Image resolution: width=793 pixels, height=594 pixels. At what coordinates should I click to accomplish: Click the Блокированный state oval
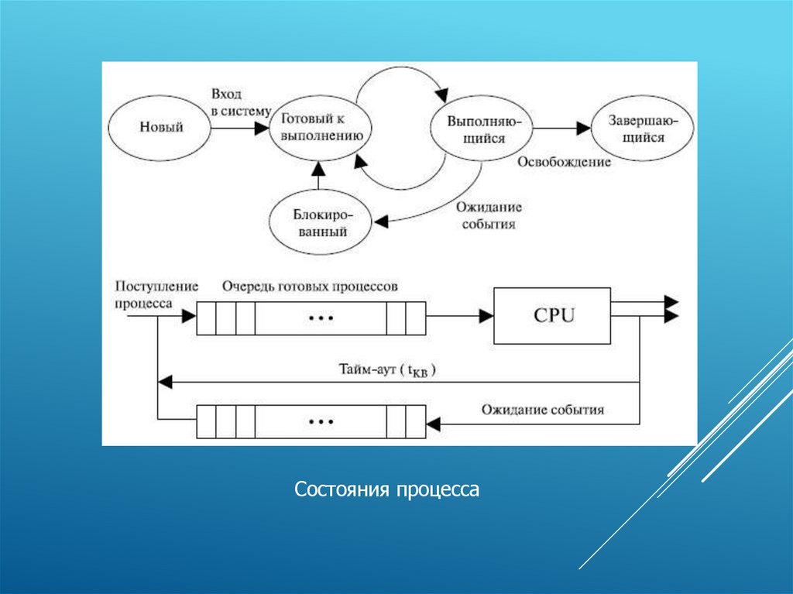tap(319, 222)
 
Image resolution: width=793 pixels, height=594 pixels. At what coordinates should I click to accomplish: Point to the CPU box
tap(552, 315)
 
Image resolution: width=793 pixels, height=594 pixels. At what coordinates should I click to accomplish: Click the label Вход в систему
tap(240, 102)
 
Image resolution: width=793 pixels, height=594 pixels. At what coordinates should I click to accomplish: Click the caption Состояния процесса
tap(387, 489)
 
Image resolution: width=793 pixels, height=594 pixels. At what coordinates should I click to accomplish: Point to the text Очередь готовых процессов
tap(310, 286)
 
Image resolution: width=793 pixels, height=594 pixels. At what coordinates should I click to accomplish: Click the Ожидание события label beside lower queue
tap(542, 409)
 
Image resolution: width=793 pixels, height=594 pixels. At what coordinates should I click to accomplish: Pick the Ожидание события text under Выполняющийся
tap(488, 216)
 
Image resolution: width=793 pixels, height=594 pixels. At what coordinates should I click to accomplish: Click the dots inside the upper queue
tap(320, 318)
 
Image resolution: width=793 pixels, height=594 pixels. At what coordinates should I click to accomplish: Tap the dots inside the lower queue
tap(320, 422)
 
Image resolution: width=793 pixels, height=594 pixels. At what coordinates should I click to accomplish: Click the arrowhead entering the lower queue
tap(433, 423)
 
